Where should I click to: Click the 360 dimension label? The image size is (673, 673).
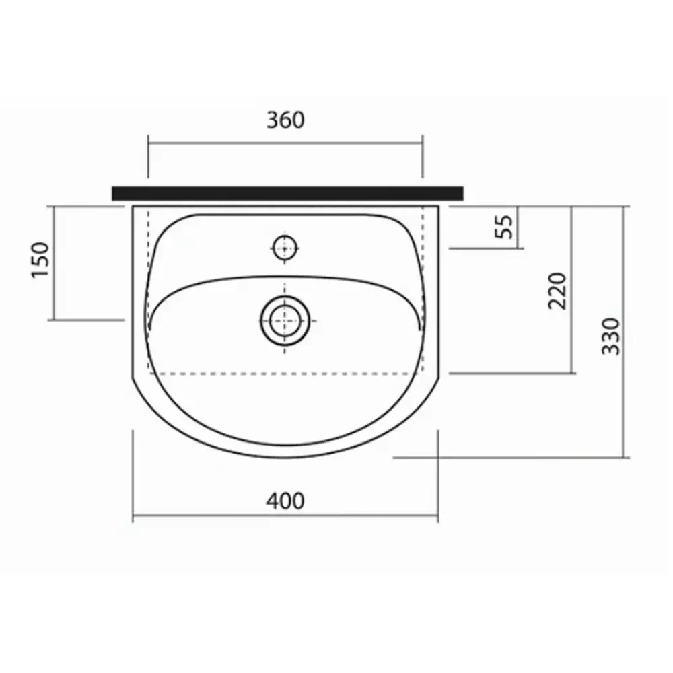pyautogui.click(x=285, y=120)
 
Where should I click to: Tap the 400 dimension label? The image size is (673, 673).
pyautogui.click(x=285, y=501)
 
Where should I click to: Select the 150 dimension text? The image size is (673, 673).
pyautogui.click(x=41, y=260)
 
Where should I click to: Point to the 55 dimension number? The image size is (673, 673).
pyautogui.click(x=504, y=226)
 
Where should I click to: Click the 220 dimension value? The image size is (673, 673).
pyautogui.click(x=557, y=291)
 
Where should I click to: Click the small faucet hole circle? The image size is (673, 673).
pyautogui.click(x=285, y=248)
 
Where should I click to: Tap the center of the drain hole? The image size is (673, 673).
pyautogui.click(x=285, y=320)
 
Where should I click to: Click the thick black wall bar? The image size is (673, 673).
pyautogui.click(x=287, y=193)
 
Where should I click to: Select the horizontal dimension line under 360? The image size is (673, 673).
pyautogui.click(x=285, y=142)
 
